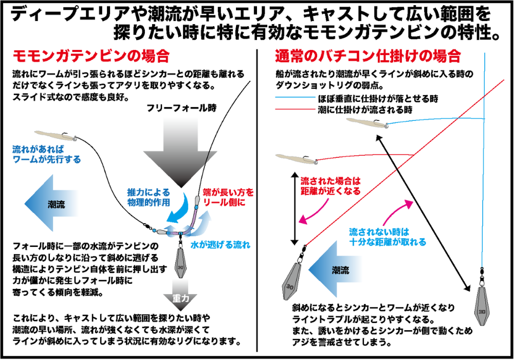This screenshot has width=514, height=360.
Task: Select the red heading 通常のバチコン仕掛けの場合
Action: click(x=367, y=55)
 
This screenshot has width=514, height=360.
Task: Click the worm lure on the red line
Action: click(x=295, y=158)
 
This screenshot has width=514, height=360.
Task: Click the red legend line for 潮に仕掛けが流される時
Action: click(x=295, y=110)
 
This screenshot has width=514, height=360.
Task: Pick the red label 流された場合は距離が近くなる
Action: click(x=329, y=186)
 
